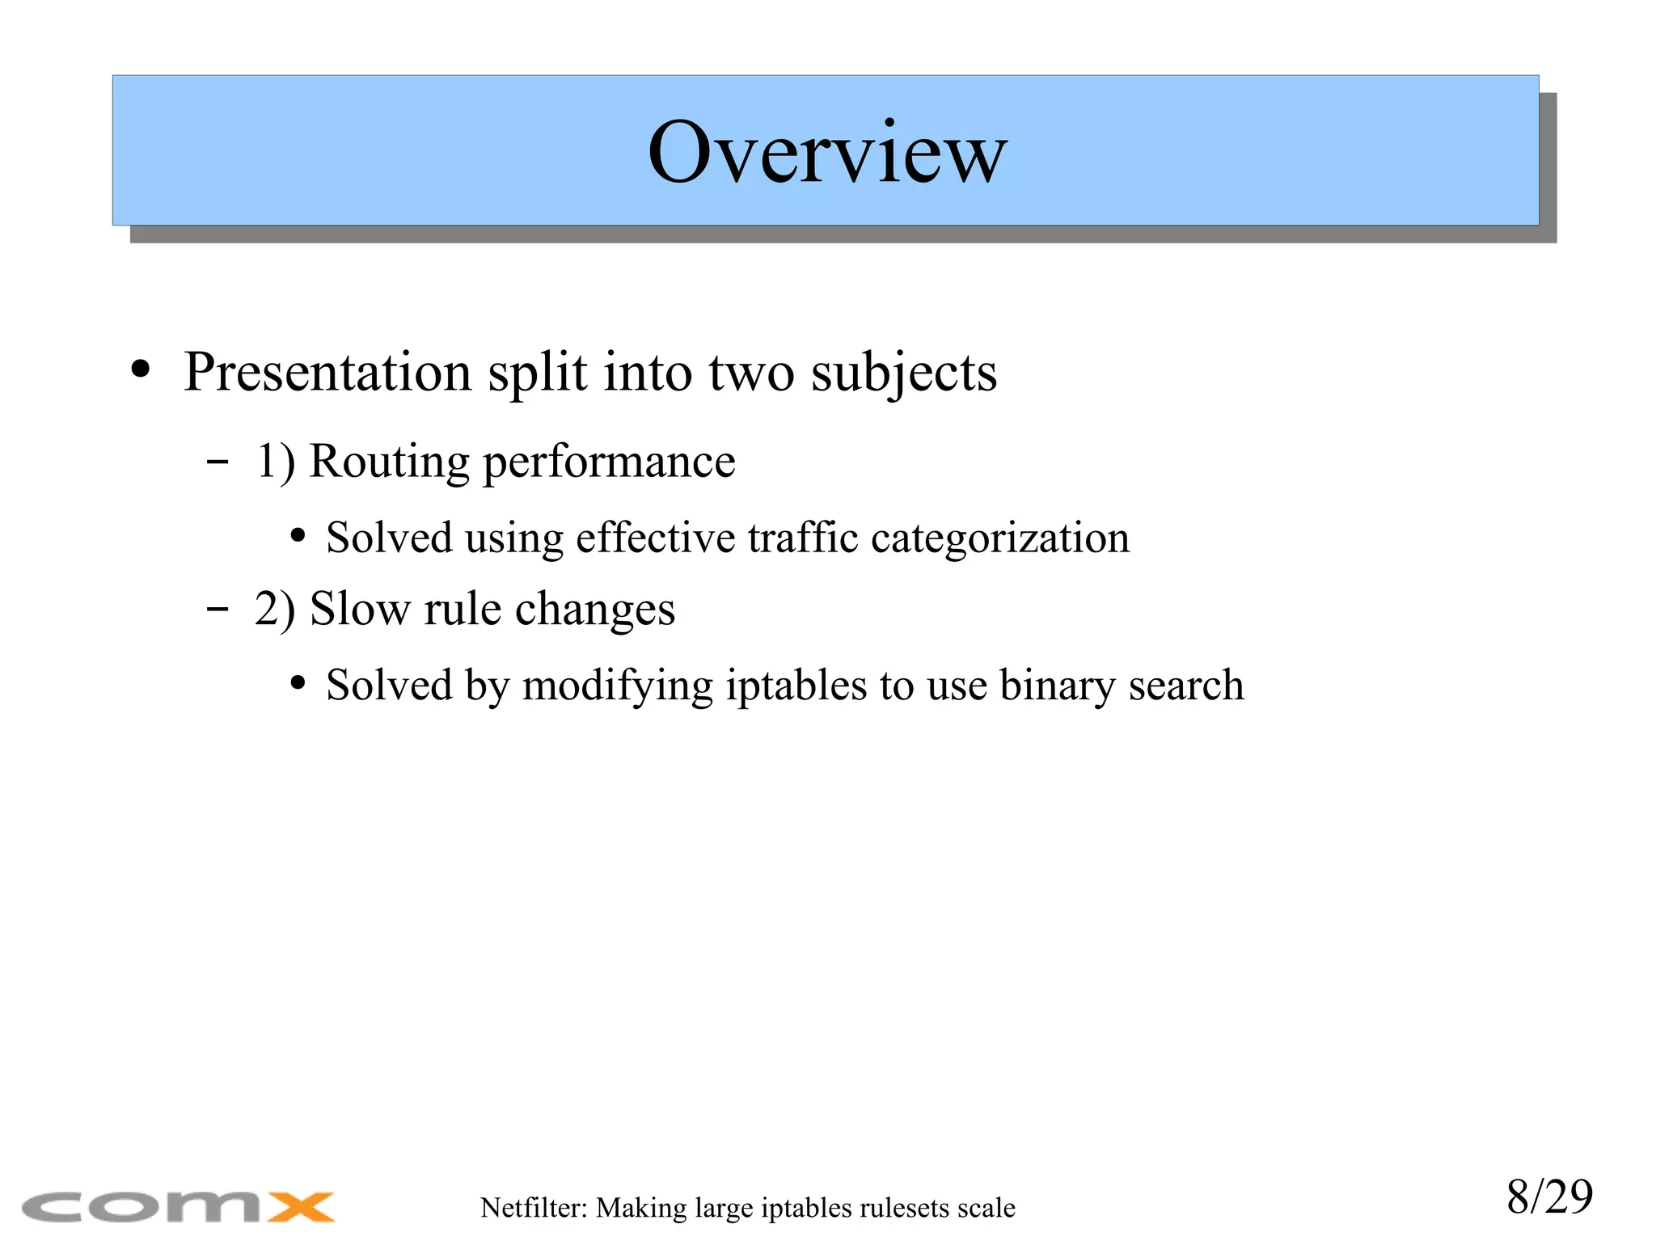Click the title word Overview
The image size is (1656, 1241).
point(826,153)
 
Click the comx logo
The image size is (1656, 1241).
point(178,1207)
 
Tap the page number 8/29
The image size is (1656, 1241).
point(1549,1197)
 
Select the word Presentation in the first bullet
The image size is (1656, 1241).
point(327,373)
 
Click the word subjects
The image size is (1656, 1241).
point(904,374)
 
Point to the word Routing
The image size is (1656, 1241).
point(389,462)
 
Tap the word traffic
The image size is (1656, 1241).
point(802,538)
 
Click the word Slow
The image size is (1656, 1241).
point(359,609)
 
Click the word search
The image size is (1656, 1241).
point(1186,686)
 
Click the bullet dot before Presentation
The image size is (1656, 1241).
point(141,369)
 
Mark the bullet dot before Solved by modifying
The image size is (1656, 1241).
point(298,684)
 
